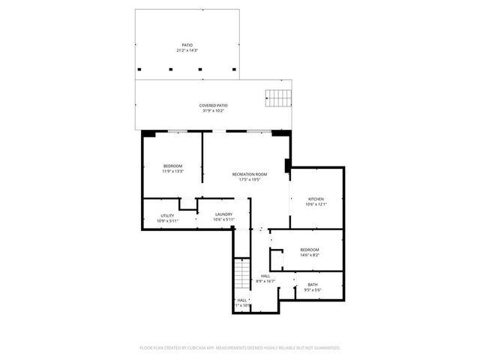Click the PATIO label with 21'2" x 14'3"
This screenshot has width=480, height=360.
pyautogui.click(x=187, y=45)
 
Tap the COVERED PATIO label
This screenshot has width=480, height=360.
pyautogui.click(x=213, y=106)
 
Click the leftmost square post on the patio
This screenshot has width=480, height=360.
pyautogui.click(x=142, y=69)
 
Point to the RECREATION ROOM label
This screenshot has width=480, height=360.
pyautogui.click(x=249, y=174)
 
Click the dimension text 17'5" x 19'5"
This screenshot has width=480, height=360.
pyautogui.click(x=249, y=180)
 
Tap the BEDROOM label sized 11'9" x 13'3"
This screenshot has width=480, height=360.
pyautogui.click(x=172, y=166)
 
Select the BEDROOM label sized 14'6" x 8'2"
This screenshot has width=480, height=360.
pyautogui.click(x=310, y=250)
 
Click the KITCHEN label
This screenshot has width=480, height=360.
pyautogui.click(x=315, y=199)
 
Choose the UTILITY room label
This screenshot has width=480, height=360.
pyautogui.click(x=167, y=216)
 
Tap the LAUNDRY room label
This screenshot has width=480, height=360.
pyautogui.click(x=223, y=214)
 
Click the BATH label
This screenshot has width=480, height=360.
pyautogui.click(x=313, y=285)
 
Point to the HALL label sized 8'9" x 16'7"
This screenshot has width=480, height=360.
pyautogui.click(x=265, y=276)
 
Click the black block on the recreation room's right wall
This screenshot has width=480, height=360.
pyautogui.click(x=287, y=165)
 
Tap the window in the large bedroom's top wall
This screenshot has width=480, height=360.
pyautogui.click(x=177, y=131)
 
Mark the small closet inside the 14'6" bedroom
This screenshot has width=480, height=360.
pyautogui.click(x=277, y=259)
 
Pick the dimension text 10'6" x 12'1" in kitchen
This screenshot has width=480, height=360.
pyautogui.click(x=315, y=205)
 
